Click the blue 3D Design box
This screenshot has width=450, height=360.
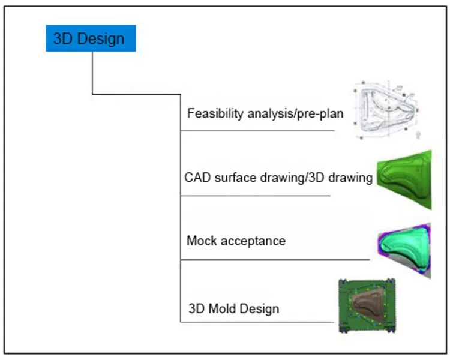pos(91,38)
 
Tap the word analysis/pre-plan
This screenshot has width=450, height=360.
pos(295,113)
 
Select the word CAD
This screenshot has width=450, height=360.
pos(197,178)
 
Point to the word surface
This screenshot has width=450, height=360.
pos(235,178)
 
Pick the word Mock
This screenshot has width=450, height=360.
pos(202,241)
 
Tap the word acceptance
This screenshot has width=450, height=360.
pos(253,241)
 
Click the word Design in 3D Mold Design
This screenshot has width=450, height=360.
pos(259,309)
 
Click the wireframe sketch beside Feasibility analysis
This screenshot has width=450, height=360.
pos(386,110)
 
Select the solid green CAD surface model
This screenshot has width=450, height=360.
pos(404,180)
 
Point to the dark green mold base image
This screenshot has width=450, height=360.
pos(367,306)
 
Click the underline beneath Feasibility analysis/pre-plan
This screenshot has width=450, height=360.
pos(258,131)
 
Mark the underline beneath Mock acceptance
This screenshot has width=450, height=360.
pos(275,260)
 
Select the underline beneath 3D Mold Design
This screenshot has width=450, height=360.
pos(257,322)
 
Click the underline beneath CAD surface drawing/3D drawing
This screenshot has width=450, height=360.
pos(256,196)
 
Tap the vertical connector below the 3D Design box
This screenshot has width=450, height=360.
pos(92,73)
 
